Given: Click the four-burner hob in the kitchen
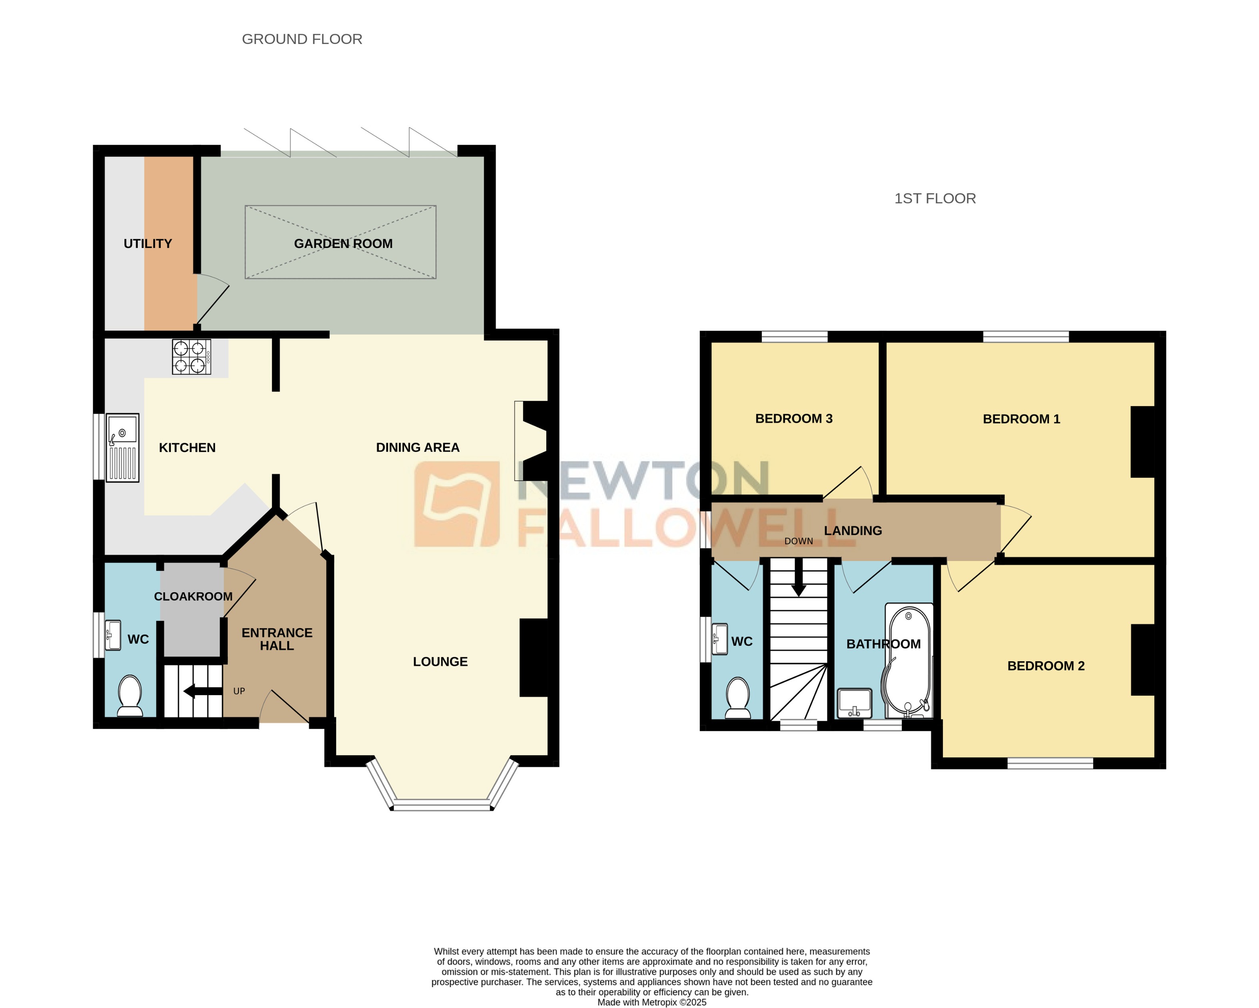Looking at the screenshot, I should (191, 357).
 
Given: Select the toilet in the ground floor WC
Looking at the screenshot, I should (130, 695).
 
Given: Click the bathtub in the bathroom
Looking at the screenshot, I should (909, 660).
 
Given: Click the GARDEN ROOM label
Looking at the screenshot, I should (343, 244).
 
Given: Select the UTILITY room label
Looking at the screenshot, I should (148, 244).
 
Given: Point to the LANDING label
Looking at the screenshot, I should (853, 530).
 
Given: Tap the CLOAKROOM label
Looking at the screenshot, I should (193, 596).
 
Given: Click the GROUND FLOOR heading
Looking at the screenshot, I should (302, 39).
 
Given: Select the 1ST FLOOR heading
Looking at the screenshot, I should (935, 198).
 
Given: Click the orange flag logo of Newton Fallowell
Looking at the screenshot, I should (456, 504).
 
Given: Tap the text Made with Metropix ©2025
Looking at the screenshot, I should (652, 1002).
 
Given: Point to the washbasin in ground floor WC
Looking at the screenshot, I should (113, 635).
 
